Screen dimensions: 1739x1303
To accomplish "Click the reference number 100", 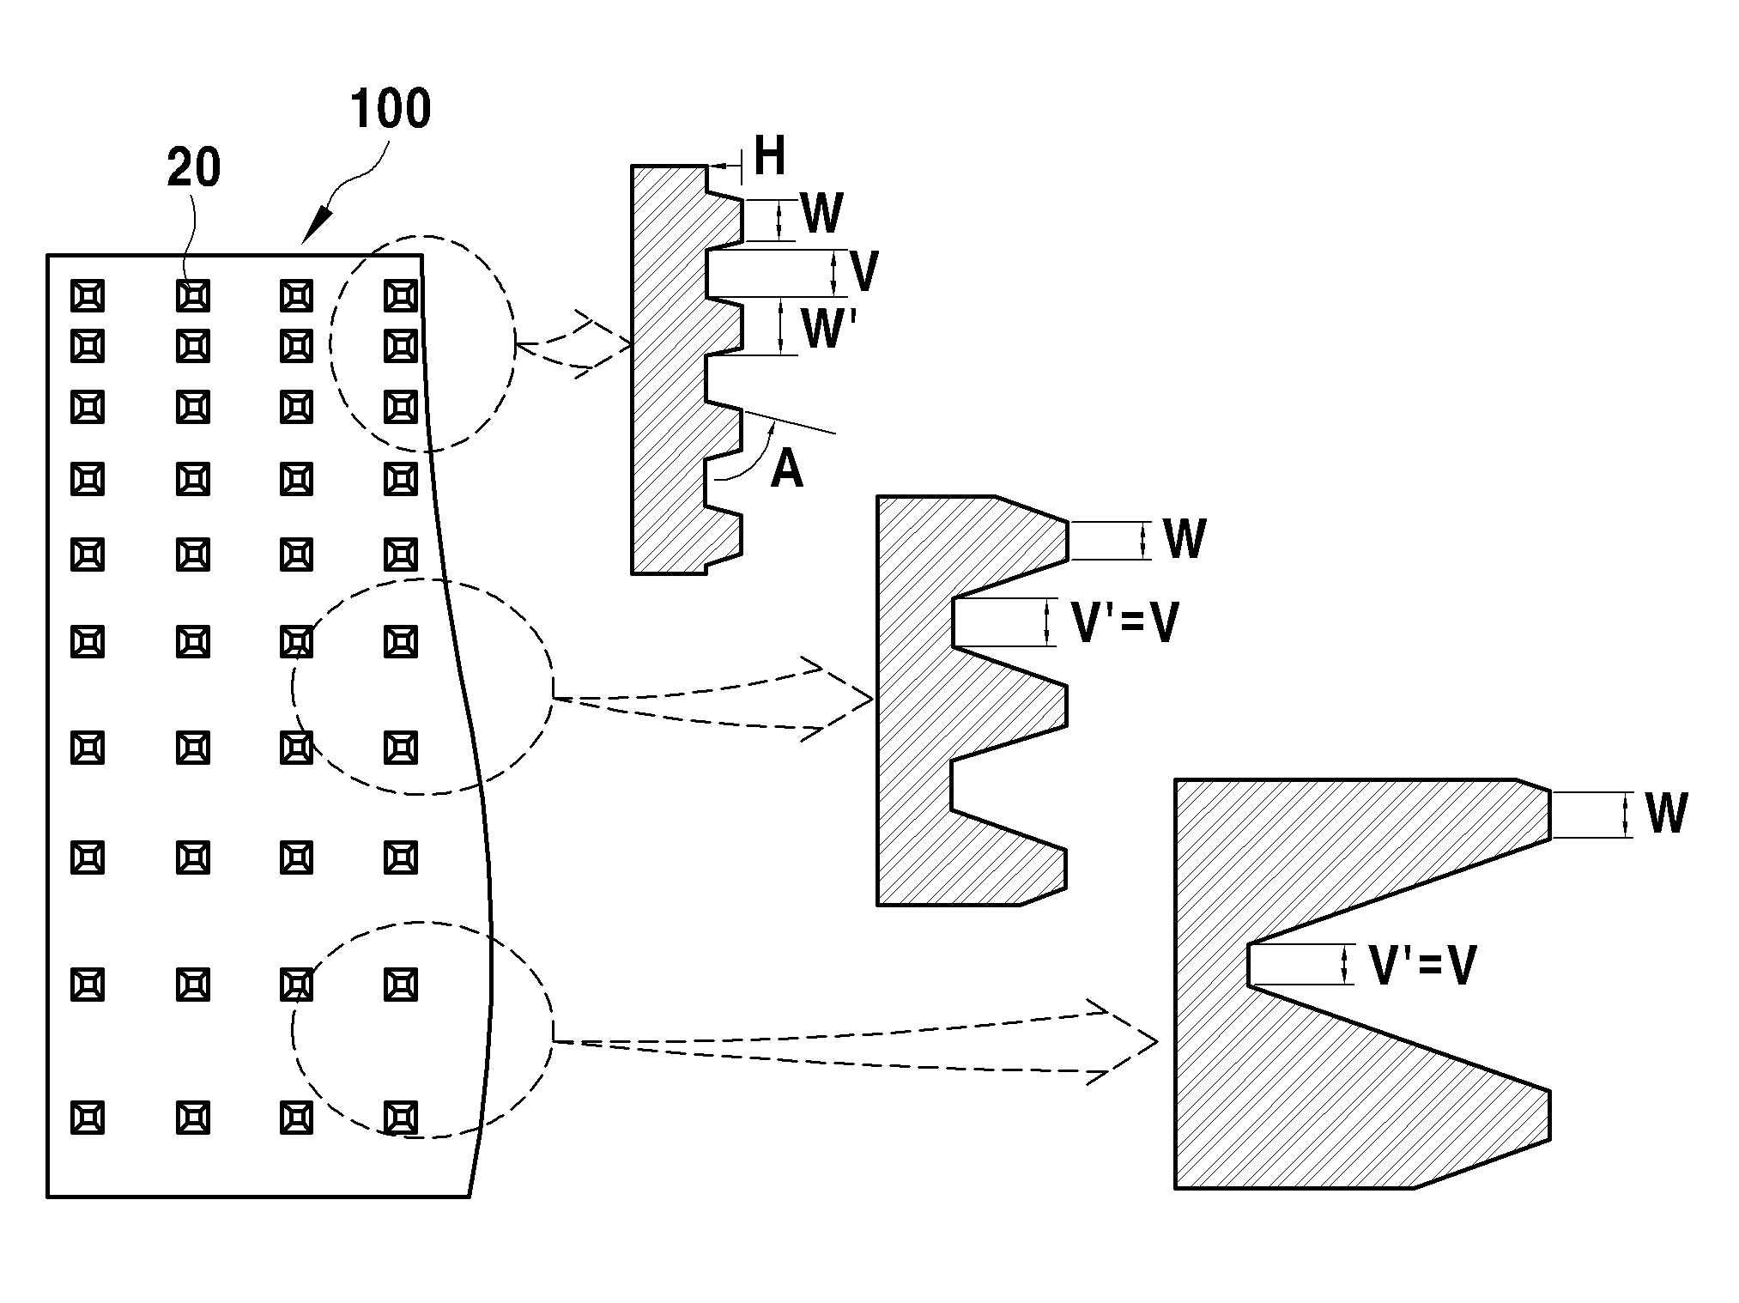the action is tap(391, 109).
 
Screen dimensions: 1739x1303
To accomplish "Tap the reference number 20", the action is tap(194, 167).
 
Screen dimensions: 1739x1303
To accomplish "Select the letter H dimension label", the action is tap(770, 156).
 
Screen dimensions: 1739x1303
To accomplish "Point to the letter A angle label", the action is tap(786, 470).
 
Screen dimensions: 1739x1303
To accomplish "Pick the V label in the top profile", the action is tap(863, 272).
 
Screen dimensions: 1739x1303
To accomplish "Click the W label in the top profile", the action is tap(821, 214).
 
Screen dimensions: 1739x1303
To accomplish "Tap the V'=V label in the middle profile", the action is tap(1125, 622).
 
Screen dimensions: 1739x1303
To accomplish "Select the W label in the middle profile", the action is tap(1185, 539).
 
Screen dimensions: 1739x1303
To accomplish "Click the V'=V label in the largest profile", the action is tap(1422, 965).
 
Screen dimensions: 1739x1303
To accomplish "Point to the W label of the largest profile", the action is tap(1666, 813).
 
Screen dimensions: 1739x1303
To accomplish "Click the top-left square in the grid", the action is tap(88, 296).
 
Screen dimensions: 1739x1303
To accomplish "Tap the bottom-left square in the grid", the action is tap(88, 1118).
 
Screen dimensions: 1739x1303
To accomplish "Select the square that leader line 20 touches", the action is tap(193, 296).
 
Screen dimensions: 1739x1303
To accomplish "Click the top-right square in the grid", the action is tap(401, 296).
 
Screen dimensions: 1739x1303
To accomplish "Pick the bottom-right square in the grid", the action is tap(401, 1118).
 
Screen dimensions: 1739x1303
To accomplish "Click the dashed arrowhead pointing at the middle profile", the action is tap(837, 700).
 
